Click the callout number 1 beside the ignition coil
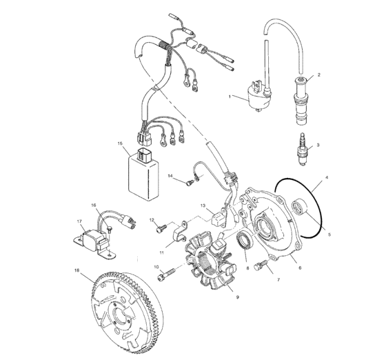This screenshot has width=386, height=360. pyautogui.click(x=230, y=97)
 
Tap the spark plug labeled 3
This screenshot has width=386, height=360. pyautogui.click(x=302, y=149)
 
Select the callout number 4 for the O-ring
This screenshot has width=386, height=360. pyautogui.click(x=327, y=177)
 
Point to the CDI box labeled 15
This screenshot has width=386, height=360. pyautogui.click(x=144, y=174)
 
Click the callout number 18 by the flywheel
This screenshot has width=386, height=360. pyautogui.click(x=77, y=270)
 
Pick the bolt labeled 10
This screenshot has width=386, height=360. pyautogui.click(x=166, y=274)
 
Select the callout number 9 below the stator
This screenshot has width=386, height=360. pyautogui.click(x=238, y=297)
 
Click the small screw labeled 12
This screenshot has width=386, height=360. pyautogui.click(x=161, y=228)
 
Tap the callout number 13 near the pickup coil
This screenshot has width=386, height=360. pyautogui.click(x=203, y=205)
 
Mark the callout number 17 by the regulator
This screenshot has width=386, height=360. pyautogui.click(x=79, y=221)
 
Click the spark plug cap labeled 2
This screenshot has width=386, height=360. pyautogui.click(x=301, y=101)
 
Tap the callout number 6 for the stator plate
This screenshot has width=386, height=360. pyautogui.click(x=300, y=268)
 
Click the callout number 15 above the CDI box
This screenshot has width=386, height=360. pyautogui.click(x=120, y=143)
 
